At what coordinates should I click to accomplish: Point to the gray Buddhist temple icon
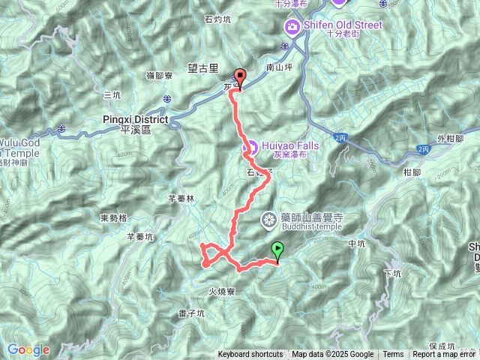point(268,220)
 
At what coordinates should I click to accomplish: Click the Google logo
point(28,349)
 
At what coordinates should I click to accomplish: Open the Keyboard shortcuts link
point(250,355)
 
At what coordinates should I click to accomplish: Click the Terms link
point(393,355)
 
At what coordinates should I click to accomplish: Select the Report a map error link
point(445,355)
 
